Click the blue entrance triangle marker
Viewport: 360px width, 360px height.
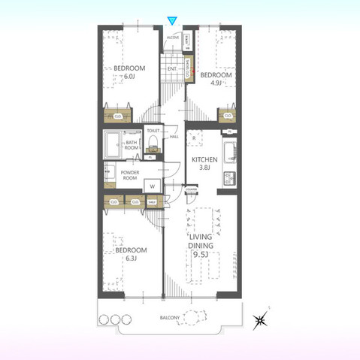pos(173,20)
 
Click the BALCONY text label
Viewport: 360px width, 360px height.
pos(170,319)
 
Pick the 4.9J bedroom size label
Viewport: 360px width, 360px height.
pos(214,84)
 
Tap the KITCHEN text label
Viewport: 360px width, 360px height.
pos(204,159)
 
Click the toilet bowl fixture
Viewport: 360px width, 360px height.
pos(154,144)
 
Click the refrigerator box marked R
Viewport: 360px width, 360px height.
pos(194,139)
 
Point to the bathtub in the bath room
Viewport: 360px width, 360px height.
pos(113,143)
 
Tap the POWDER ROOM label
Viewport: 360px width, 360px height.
pos(130,176)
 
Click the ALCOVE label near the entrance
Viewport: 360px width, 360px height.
pos(172,35)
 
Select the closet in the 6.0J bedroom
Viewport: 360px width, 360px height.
pos(118,116)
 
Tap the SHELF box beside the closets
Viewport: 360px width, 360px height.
pos(151,202)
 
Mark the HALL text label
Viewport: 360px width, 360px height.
pos(174,136)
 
